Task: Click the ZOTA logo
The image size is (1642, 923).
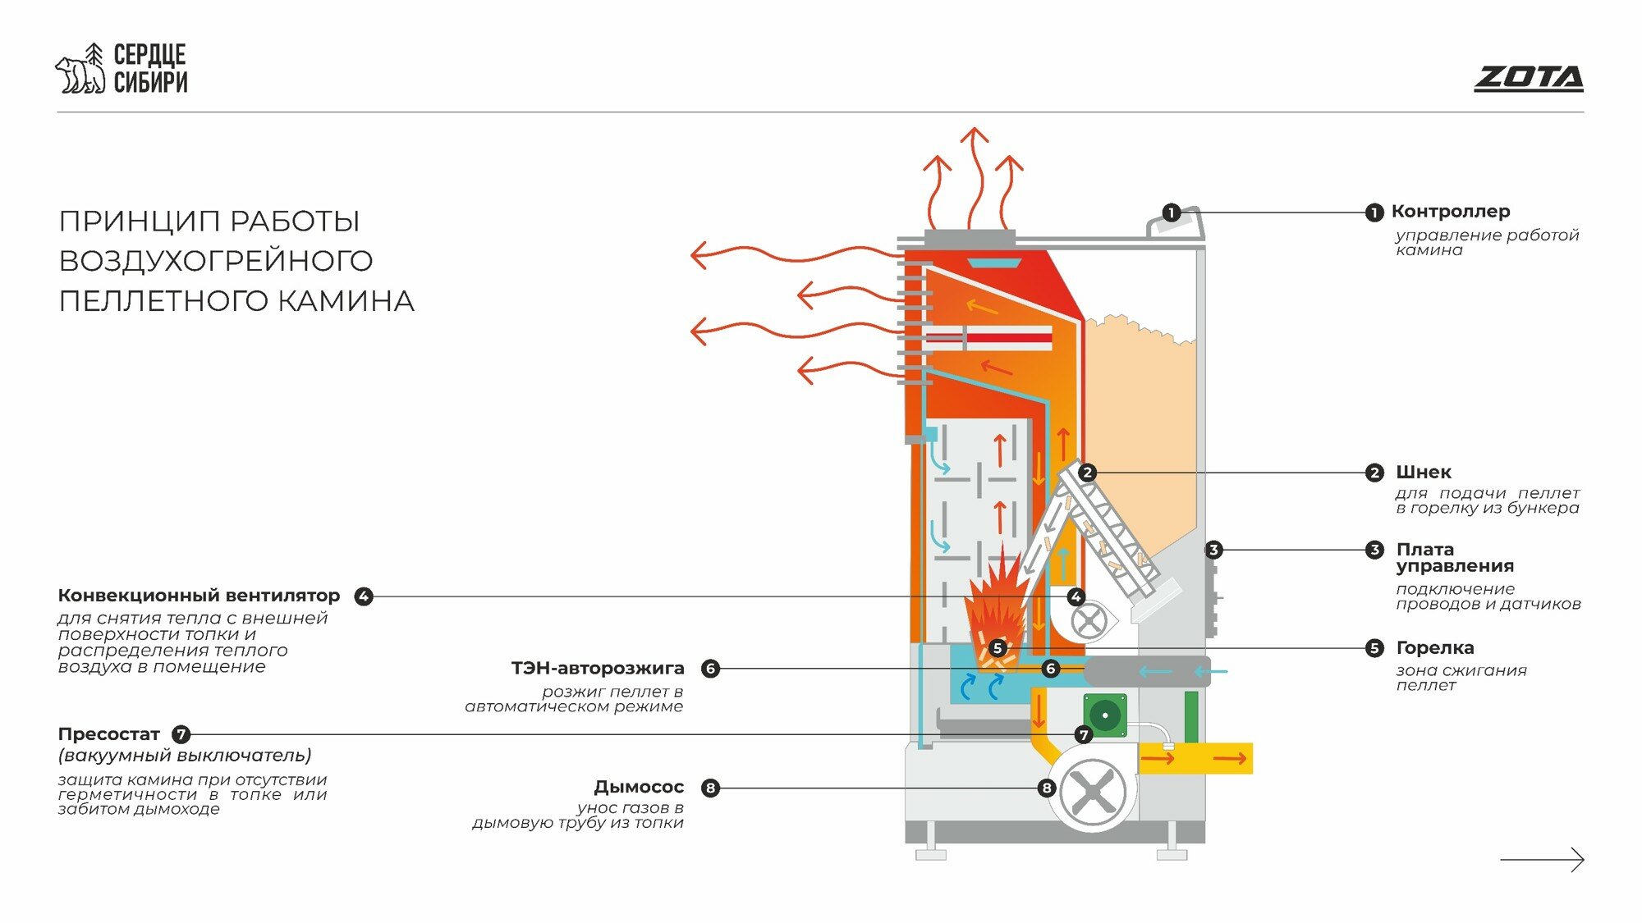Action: [x=1528, y=79]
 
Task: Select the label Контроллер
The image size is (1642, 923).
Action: [x=1450, y=212]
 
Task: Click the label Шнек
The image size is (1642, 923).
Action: [x=1424, y=473]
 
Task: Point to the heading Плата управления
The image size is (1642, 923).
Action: [x=1454, y=558]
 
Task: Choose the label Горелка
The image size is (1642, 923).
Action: [x=1434, y=648]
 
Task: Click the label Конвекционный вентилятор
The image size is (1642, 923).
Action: [x=199, y=596]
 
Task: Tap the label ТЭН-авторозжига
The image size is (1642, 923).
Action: [x=598, y=669]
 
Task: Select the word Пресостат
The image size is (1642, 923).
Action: [x=108, y=734]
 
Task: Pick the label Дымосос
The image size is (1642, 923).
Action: [x=639, y=788]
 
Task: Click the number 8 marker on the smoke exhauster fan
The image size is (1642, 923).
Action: [x=1046, y=788]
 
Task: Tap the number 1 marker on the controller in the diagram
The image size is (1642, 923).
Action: [x=1172, y=213]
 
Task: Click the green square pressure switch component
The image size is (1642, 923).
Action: [x=1104, y=715]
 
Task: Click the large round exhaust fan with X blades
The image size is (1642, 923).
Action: [x=1094, y=792]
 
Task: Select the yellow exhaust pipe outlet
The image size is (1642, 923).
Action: [x=1207, y=759]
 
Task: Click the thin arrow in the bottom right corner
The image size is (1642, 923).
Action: [x=1542, y=859]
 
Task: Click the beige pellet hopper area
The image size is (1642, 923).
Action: [x=1141, y=427]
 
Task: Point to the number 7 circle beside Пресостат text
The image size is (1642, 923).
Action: [x=181, y=734]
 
